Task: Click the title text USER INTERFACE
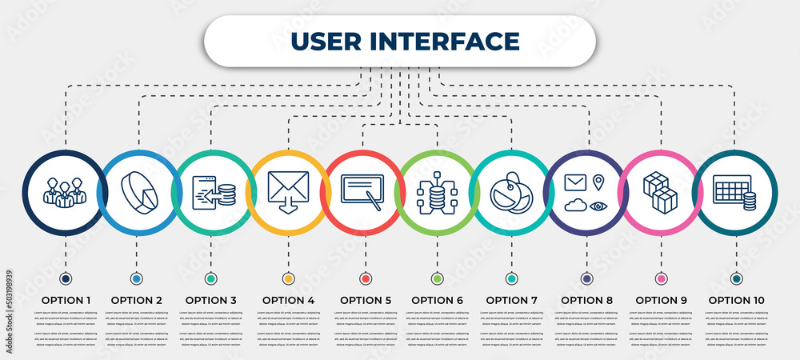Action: coord(404,41)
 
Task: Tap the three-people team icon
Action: coord(64,193)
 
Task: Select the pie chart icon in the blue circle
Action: coord(138,193)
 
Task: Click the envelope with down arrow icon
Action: coord(288,193)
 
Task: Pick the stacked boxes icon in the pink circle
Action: coord(661,192)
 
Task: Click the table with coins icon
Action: coord(735,192)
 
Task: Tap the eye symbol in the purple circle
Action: coord(598,206)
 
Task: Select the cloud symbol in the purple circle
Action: coord(574,206)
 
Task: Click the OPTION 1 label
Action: coord(66,300)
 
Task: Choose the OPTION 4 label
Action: coord(288,300)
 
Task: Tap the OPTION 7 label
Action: coord(511,300)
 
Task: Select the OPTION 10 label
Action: coord(736,300)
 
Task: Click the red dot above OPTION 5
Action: coord(366,278)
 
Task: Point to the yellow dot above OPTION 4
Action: coord(288,278)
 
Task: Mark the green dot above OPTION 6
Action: coord(437,278)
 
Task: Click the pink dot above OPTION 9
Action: coord(661,278)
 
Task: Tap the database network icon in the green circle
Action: coord(437,193)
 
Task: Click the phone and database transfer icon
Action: coord(213,193)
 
